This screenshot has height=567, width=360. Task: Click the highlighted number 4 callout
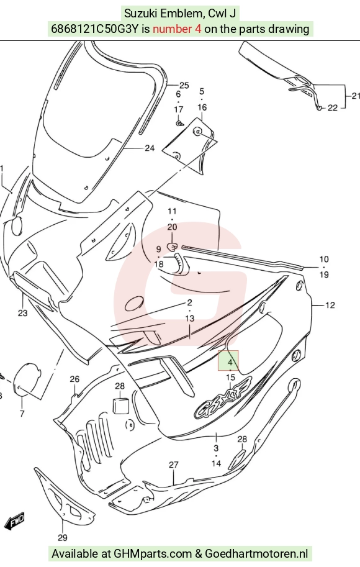point(228,361)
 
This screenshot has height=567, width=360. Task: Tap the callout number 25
point(184,85)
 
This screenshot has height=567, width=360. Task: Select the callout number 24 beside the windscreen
point(150,148)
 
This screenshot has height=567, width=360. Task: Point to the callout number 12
point(330,305)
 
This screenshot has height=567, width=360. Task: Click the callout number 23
point(22,313)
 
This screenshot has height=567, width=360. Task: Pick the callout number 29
point(63,538)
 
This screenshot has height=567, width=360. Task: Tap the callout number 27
point(174,465)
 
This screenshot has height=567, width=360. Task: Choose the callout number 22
point(333,108)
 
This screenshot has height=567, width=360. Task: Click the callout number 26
point(74,379)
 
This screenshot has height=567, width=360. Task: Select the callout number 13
point(190,319)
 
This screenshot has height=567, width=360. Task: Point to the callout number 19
point(324,275)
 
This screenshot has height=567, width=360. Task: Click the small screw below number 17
point(179,124)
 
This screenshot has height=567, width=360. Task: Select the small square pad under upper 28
point(120,406)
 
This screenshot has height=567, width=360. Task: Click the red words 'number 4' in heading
point(177,29)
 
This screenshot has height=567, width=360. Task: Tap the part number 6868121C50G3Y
point(95,29)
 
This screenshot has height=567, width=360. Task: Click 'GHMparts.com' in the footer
point(153,553)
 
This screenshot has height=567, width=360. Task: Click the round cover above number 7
point(26,378)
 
